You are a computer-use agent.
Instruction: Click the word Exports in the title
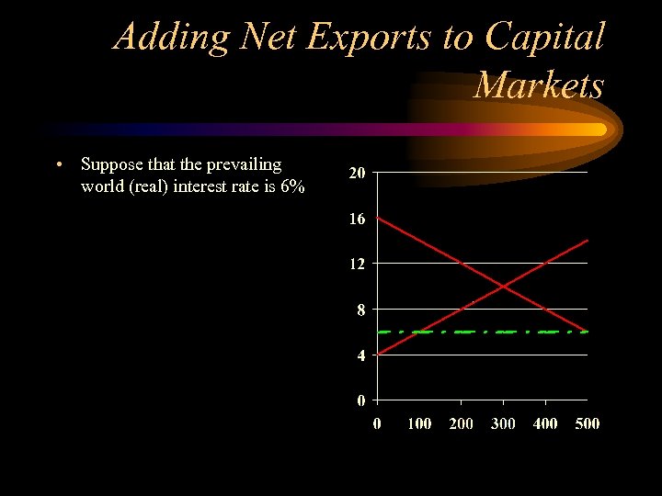358,37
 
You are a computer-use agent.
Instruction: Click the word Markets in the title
539,85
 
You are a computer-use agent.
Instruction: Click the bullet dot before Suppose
58,165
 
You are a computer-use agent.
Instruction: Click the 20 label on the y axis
357,174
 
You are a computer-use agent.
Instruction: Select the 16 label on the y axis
357,219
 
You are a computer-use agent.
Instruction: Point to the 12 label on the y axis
357,264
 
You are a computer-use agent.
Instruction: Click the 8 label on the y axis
361,310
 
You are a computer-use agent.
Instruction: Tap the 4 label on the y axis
361,355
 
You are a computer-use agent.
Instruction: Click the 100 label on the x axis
419,423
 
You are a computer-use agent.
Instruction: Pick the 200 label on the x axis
461,423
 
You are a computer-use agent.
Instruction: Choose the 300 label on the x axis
503,423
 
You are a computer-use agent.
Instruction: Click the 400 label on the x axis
545,423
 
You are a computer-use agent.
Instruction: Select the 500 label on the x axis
587,423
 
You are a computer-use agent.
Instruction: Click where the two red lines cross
503,286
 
